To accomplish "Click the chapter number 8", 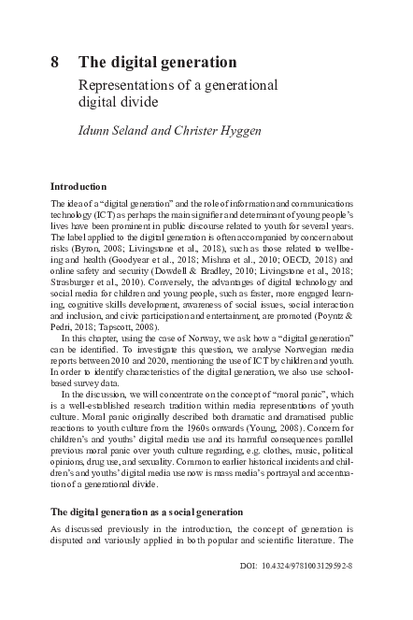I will (x=55, y=63).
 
